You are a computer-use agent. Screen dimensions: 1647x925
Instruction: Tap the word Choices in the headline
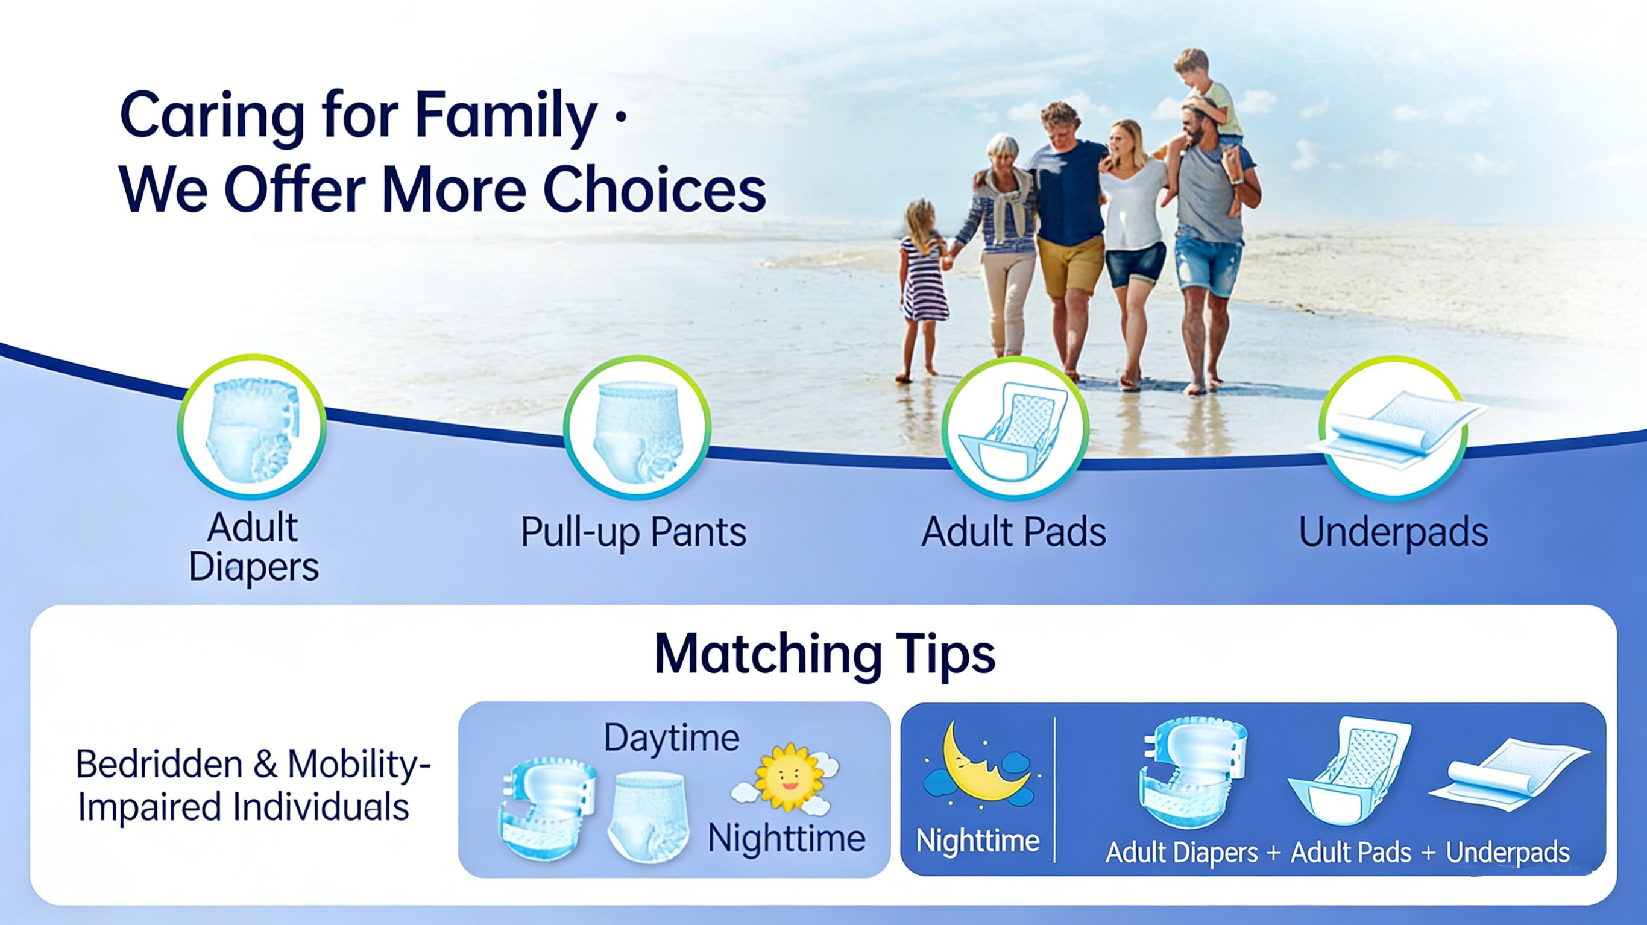[654, 189]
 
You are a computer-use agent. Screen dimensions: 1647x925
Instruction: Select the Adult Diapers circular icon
[252, 427]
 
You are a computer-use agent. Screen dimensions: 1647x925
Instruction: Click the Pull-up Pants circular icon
[637, 428]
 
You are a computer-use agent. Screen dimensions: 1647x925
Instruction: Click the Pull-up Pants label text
[634, 533]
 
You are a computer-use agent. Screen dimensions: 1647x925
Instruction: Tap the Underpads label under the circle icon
[1393, 532]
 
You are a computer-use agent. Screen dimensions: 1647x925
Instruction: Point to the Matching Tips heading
[825, 654]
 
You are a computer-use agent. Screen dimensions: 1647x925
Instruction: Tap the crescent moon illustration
[978, 765]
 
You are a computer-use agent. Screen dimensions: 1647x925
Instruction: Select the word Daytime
[672, 738]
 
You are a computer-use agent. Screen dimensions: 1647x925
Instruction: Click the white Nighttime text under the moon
[978, 841]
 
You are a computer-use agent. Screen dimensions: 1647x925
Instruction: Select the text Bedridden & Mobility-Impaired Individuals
[253, 786]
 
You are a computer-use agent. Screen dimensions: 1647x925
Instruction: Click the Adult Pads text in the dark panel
[1351, 853]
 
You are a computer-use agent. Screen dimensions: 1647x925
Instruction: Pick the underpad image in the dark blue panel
[1510, 775]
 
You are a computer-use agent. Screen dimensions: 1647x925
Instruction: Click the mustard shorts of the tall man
[1070, 266]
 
